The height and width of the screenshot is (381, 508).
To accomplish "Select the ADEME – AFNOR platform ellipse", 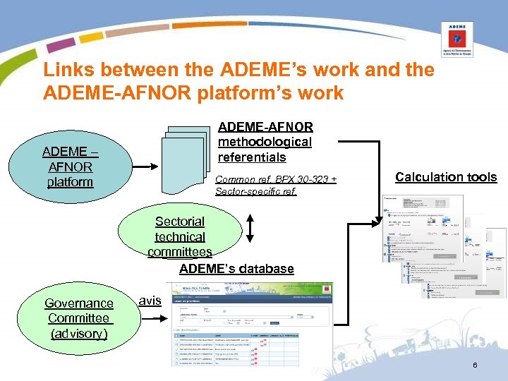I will coord(71,167).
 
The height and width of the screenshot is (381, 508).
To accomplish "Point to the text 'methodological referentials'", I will coord(265,150).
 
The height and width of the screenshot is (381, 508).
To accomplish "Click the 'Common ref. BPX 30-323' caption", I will coord(275,180).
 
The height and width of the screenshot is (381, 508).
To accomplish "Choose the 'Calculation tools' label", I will coord(446,177).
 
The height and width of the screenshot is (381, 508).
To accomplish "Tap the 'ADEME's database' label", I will coord(236,269).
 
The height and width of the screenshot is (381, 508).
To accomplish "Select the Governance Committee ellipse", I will coord(79,318).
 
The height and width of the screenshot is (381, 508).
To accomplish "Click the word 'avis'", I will coord(150,301).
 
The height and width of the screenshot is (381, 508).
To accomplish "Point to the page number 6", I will coord(475,365).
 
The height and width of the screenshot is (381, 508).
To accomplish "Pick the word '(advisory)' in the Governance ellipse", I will coord(79,334).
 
